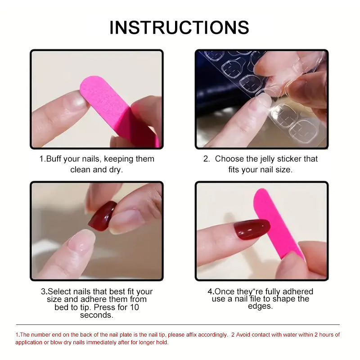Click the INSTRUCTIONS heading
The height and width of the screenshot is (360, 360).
coord(179,27)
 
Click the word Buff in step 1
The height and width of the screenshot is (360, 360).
coord(55,159)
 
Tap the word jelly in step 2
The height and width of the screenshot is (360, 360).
coord(264,159)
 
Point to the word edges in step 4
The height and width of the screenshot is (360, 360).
coord(260,306)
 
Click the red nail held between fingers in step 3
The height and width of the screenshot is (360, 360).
coord(102,216)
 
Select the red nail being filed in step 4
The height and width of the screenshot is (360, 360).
coord(252,229)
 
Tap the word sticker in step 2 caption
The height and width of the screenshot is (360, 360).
coord(288,159)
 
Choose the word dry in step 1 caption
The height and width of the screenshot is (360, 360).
coord(115,170)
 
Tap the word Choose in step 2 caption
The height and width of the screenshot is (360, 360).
coord(229,159)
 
